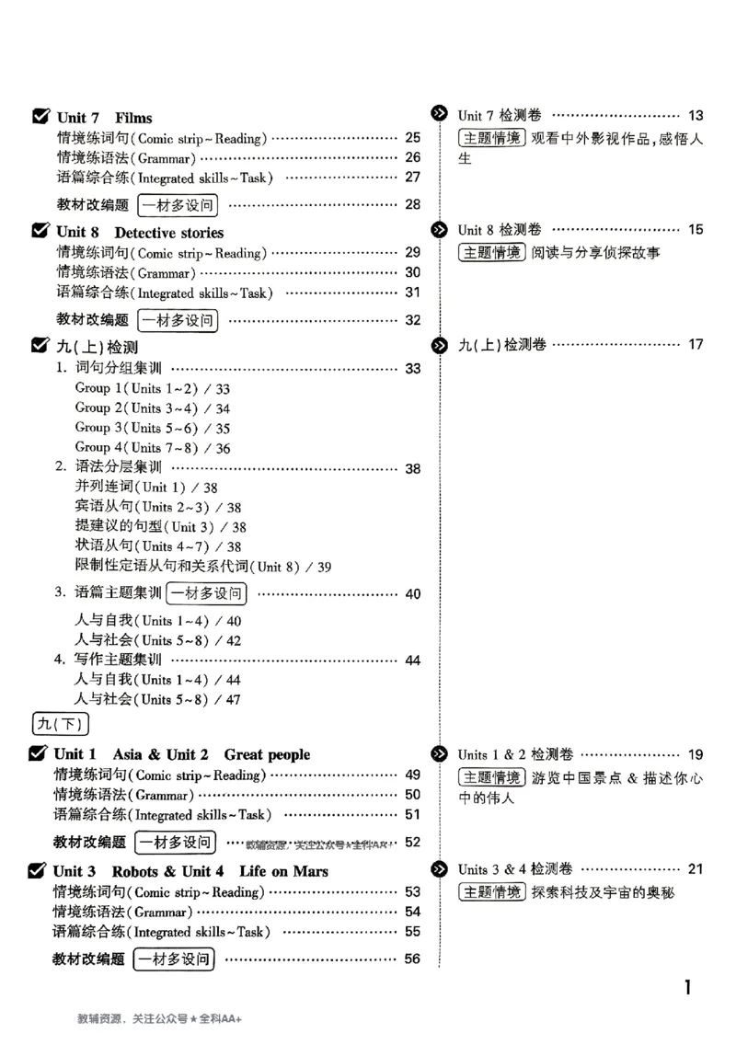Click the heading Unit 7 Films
[104, 118]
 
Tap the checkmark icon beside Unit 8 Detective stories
[40, 232]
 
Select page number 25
[412, 138]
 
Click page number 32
[412, 320]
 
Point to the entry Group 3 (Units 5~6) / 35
[153, 428]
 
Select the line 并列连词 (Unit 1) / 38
[146, 488]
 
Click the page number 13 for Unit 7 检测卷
[696, 116]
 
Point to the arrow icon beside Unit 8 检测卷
[440, 229]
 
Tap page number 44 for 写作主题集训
[412, 660]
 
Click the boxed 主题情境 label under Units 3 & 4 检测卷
[492, 891]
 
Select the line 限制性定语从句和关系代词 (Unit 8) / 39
[202, 567]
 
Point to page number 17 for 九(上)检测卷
[696, 345]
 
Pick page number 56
[412, 959]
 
